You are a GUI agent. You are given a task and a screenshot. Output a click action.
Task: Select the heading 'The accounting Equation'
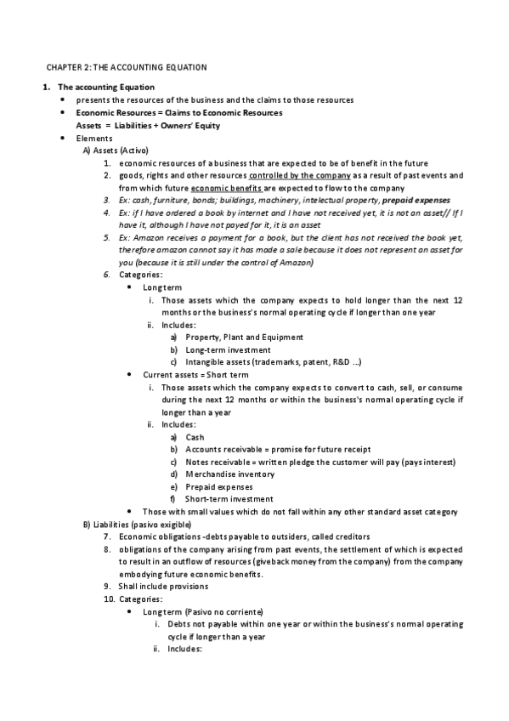[x=105, y=88]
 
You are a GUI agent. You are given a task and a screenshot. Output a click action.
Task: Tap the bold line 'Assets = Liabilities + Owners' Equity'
[x=148, y=126]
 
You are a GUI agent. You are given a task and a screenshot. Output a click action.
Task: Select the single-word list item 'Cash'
[x=195, y=437]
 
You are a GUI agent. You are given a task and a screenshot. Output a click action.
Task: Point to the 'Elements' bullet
[x=94, y=138]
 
